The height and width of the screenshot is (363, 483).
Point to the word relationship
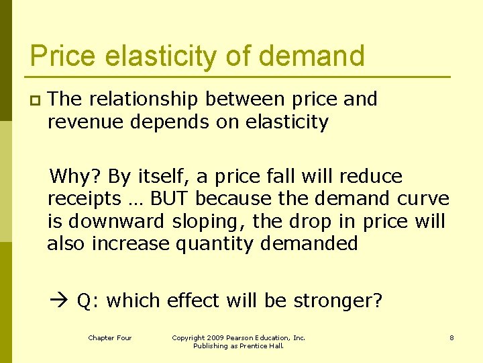[143, 99]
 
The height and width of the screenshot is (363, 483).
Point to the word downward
[119, 221]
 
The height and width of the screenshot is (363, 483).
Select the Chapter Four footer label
[110, 337]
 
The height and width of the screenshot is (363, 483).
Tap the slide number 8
[451, 337]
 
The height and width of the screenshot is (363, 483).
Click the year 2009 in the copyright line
[215, 337]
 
